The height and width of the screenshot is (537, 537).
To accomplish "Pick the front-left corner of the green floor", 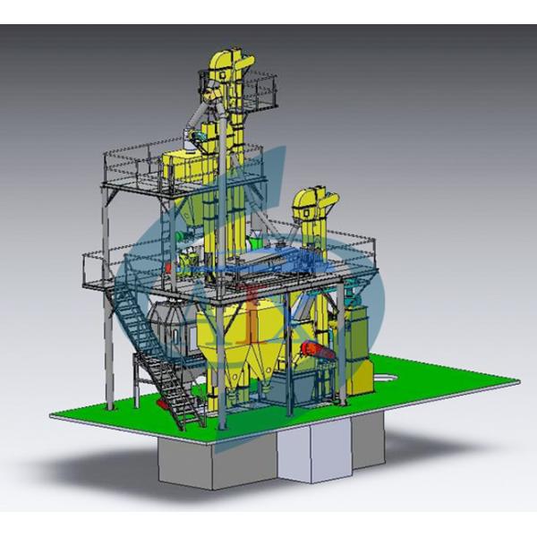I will [55, 413].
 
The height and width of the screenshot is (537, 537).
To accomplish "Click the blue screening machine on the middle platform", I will [268, 260].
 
